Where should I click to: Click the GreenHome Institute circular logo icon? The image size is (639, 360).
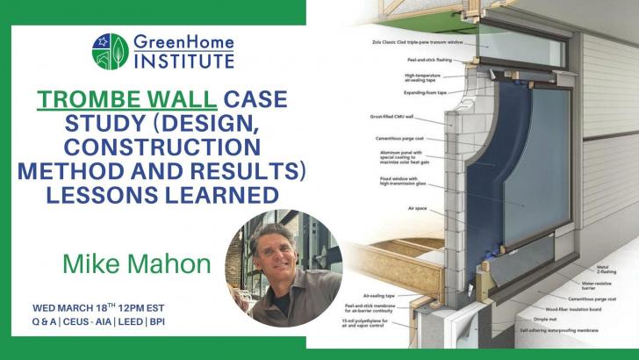pyautogui.click(x=110, y=51)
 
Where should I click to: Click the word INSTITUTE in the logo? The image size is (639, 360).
pyautogui.click(x=184, y=61)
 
